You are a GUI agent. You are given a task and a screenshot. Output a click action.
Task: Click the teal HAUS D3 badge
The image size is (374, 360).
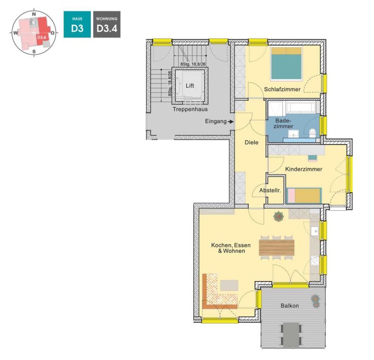(x=77, y=24)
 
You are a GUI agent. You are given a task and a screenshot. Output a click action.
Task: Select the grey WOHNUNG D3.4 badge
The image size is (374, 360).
(x=106, y=24)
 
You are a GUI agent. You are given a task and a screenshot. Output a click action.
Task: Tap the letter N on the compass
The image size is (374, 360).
(x=34, y=14)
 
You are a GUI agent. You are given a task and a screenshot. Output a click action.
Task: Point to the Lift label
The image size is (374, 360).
(x=190, y=86)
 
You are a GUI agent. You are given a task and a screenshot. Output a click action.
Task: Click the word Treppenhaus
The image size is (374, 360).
(x=190, y=109)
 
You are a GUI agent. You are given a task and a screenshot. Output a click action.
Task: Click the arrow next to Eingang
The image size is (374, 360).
(x=230, y=122)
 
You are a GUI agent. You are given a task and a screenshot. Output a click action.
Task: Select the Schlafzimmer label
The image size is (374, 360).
(x=282, y=89)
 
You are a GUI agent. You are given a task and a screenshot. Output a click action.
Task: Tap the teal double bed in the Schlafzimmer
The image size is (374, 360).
(x=287, y=64)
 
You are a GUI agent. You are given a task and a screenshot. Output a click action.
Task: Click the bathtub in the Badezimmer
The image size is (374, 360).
(x=301, y=107)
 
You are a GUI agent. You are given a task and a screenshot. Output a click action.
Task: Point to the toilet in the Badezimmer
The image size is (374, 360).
(x=312, y=133)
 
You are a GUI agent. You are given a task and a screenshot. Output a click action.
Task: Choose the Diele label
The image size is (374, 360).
(x=251, y=142)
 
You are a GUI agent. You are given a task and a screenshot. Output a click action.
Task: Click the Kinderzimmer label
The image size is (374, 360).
(x=304, y=169)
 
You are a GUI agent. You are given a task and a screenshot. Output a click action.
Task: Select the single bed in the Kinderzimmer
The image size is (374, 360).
(x=304, y=196)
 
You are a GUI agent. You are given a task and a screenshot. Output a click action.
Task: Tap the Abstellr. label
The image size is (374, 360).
(x=270, y=191)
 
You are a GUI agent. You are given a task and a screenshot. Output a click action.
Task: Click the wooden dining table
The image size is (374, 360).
(x=277, y=248)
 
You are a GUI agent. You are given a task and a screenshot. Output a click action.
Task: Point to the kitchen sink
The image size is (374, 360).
(x=315, y=231)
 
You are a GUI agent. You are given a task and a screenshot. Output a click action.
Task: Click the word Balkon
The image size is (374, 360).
(x=289, y=306)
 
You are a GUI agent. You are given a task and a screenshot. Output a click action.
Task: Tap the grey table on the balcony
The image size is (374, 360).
(x=291, y=335)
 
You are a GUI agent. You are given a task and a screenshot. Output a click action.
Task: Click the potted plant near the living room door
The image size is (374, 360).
(x=278, y=216)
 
